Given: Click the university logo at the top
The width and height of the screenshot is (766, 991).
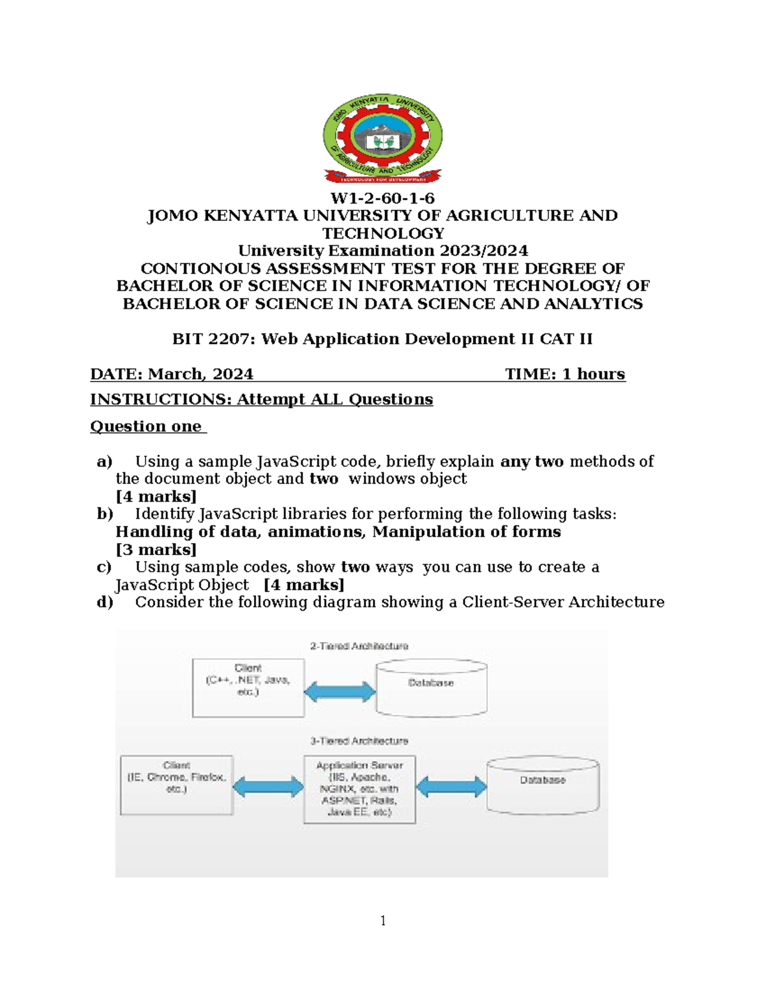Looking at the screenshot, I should (382, 138).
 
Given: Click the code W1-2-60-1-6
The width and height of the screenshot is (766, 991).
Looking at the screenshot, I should (382, 198).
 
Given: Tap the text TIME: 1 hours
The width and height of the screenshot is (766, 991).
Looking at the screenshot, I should (565, 374).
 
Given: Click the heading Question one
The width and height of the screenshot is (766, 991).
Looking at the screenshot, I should (146, 426).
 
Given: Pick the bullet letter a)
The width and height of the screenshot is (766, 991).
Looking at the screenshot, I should (104, 461).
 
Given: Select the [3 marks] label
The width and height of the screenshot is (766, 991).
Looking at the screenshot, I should (156, 549).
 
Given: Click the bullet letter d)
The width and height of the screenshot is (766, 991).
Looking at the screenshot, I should (105, 602).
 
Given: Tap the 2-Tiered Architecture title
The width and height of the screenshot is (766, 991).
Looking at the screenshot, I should (359, 646).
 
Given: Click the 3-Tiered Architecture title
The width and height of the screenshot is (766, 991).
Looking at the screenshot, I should (359, 741).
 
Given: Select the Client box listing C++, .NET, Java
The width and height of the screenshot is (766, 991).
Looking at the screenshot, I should (248, 688).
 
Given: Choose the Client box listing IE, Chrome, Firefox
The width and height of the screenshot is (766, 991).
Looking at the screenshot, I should (177, 785).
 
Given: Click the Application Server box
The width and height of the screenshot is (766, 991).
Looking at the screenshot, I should (359, 789).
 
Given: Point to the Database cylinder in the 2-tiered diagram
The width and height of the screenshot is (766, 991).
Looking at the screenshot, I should (432, 688).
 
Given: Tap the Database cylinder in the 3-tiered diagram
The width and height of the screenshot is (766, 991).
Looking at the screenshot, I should (543, 785).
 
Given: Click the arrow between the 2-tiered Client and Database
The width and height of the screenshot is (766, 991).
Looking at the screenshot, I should (340, 692).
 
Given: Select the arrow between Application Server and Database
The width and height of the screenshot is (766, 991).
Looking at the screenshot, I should (451, 787).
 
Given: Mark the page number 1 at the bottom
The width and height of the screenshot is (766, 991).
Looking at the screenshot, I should (383, 920).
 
